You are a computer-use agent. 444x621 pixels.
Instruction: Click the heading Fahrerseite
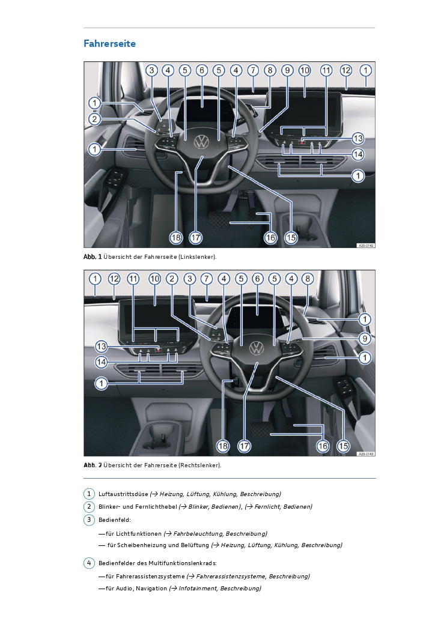click(x=109, y=44)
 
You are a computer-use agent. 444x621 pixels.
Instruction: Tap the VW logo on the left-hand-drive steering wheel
click(x=202, y=142)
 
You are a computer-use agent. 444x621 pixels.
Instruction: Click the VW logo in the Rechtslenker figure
click(x=257, y=348)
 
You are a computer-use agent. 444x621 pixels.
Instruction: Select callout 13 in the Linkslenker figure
click(x=357, y=138)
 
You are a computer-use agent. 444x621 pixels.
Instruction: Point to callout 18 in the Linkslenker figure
click(x=176, y=238)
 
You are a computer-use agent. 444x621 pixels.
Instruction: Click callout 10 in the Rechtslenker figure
click(x=154, y=279)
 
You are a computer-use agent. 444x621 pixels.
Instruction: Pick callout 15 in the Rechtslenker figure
click(x=343, y=446)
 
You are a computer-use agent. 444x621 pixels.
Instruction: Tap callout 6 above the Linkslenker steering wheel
click(x=202, y=70)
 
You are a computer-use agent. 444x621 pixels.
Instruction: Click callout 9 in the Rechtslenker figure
click(x=365, y=339)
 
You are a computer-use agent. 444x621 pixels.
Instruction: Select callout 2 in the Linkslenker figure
click(x=94, y=119)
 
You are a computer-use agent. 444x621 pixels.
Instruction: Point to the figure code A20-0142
click(x=366, y=246)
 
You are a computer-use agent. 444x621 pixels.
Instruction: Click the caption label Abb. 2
click(x=93, y=465)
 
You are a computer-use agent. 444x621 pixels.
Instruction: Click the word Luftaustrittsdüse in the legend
click(x=123, y=494)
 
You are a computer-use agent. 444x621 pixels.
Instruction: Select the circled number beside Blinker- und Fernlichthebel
click(x=89, y=506)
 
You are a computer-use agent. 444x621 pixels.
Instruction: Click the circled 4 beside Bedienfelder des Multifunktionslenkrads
click(x=89, y=563)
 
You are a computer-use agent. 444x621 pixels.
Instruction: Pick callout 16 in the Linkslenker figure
click(x=270, y=238)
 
